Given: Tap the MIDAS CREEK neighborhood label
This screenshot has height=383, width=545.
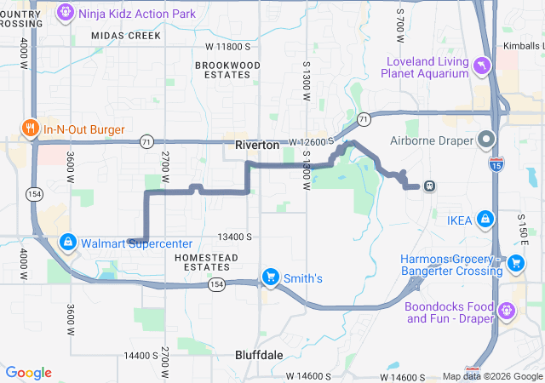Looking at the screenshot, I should click(x=125, y=36).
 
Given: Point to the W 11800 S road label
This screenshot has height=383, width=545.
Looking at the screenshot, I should click(x=228, y=46).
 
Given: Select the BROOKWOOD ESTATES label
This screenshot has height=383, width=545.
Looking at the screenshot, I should click(x=227, y=70).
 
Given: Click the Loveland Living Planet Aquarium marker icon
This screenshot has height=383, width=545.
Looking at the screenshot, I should click(x=482, y=66).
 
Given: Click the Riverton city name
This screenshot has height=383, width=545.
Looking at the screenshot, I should click(x=256, y=146).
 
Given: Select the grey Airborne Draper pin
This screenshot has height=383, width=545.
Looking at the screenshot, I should click(x=486, y=138).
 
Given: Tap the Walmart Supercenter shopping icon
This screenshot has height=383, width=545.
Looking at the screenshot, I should click(x=67, y=243).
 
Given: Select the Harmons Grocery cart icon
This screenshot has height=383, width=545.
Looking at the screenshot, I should click(x=515, y=265).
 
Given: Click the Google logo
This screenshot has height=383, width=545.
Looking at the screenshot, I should click(x=29, y=373).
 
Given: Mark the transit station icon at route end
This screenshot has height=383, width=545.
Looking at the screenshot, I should click(x=430, y=186).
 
